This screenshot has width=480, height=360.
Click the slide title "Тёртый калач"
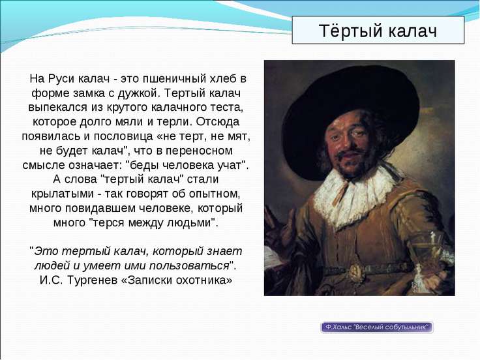pyautogui.click(x=378, y=31)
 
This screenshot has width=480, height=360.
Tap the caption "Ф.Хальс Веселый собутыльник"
pyautogui.click(x=377, y=327)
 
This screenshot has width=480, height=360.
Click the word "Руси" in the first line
pyautogui.click(x=61, y=79)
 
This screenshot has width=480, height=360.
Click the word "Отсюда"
pyautogui.click(x=218, y=121)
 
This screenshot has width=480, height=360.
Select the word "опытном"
pyautogui.click(x=215, y=194)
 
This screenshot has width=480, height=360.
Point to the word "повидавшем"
pyautogui.click(x=100, y=208)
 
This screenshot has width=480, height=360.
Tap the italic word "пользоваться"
pyautogui.click(x=189, y=265)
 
